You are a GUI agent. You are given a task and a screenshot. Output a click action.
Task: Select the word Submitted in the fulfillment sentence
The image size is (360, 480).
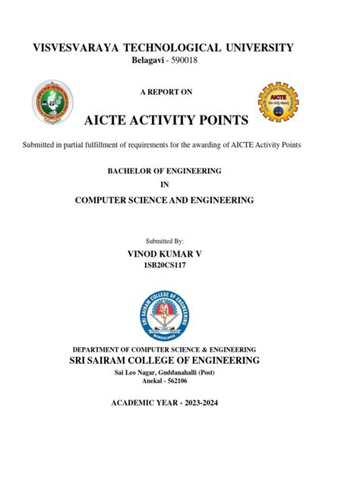coord(45,144)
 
